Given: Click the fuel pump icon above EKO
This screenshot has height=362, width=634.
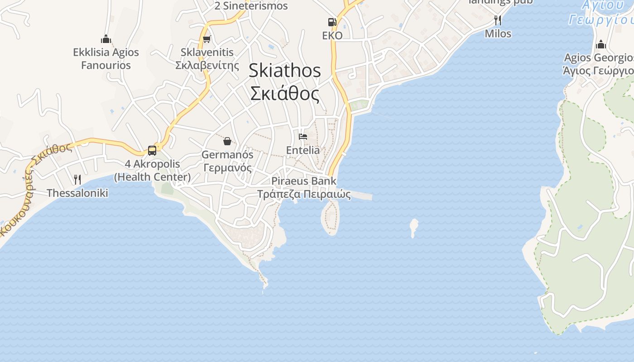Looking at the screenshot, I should [x=332, y=22].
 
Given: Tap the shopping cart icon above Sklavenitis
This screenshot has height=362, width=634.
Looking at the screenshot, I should [x=207, y=39].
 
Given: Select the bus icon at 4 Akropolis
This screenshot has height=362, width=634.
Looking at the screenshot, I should [x=152, y=150].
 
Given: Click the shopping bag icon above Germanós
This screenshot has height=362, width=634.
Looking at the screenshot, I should [x=227, y=141].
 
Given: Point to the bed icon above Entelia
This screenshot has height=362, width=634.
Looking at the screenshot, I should [x=303, y=136].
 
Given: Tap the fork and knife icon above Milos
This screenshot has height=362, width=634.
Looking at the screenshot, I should [x=498, y=20].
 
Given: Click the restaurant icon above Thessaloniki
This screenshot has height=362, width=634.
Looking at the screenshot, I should [x=77, y=180].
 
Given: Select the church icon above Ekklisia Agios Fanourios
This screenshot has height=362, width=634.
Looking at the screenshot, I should [x=106, y=39].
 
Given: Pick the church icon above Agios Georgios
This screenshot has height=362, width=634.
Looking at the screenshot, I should [x=601, y=44].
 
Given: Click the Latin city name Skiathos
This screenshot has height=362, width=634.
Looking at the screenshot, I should [x=285, y=71].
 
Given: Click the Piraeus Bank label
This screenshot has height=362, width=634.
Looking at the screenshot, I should [x=304, y=181].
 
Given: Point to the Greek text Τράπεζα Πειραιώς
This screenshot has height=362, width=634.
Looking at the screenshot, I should [x=304, y=195].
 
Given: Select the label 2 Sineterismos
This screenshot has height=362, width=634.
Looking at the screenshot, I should [x=251, y=6].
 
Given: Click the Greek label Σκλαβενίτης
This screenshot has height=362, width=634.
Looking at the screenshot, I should [x=207, y=65].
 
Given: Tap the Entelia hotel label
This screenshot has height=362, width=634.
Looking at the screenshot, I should [x=303, y=150].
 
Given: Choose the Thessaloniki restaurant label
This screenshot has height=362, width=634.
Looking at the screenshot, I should [x=77, y=193].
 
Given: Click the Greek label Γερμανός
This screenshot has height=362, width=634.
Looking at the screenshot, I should [x=227, y=168].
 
